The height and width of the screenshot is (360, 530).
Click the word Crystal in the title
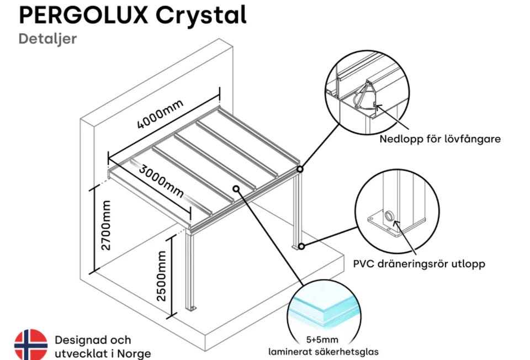(x=200, y=17)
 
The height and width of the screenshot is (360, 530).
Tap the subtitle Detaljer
(x=47, y=39)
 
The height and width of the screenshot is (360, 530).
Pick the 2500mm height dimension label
(x=161, y=276)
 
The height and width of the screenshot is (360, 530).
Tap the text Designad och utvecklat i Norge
(x=102, y=346)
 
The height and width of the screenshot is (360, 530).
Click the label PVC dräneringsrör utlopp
(x=419, y=264)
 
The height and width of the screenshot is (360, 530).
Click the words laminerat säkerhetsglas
(x=324, y=352)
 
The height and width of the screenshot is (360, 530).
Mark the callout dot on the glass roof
(x=236, y=188)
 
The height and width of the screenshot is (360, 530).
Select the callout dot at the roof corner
(x=299, y=169)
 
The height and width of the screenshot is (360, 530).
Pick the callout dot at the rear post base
(x=301, y=245)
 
